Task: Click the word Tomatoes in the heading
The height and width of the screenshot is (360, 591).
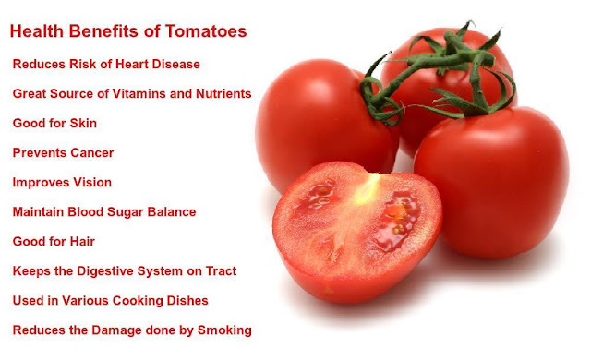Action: tap(206, 31)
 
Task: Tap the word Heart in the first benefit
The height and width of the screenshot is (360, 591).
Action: tap(132, 64)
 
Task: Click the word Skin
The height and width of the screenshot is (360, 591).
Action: tap(83, 123)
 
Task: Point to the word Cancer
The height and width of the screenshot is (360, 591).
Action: tap(92, 153)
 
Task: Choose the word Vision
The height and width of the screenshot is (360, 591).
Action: tap(92, 182)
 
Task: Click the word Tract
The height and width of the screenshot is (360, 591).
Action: tap(222, 271)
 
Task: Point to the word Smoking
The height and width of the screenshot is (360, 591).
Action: tap(224, 330)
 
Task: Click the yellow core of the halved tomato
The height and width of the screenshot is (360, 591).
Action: tap(367, 189)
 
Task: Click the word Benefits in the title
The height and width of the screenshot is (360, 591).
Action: tap(106, 31)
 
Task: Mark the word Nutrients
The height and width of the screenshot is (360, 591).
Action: tap(223, 93)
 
